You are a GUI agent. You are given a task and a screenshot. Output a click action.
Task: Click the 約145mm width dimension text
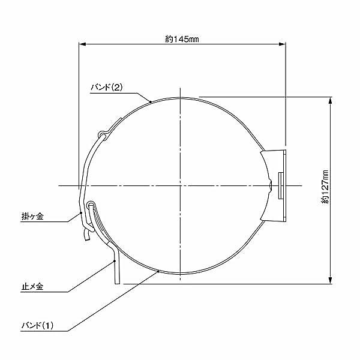tap(182, 39)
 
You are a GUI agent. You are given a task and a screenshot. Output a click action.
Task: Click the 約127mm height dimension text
tap(325, 187)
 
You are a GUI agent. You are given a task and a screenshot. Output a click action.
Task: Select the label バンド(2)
tap(106, 87)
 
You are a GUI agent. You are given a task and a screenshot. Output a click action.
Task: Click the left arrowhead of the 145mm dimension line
tap(83, 44)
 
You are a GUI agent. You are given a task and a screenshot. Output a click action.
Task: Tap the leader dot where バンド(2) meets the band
tap(150, 102)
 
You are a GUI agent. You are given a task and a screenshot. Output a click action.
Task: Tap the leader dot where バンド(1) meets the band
tap(158, 271)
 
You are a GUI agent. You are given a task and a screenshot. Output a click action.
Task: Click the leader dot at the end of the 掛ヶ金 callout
tap(81, 212)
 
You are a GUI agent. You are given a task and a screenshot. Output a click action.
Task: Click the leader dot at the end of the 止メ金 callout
tap(114, 261)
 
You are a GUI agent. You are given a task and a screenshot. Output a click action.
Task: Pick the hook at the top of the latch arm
tap(103, 132)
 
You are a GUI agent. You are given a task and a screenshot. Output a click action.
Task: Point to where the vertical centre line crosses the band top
tap(179, 97)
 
